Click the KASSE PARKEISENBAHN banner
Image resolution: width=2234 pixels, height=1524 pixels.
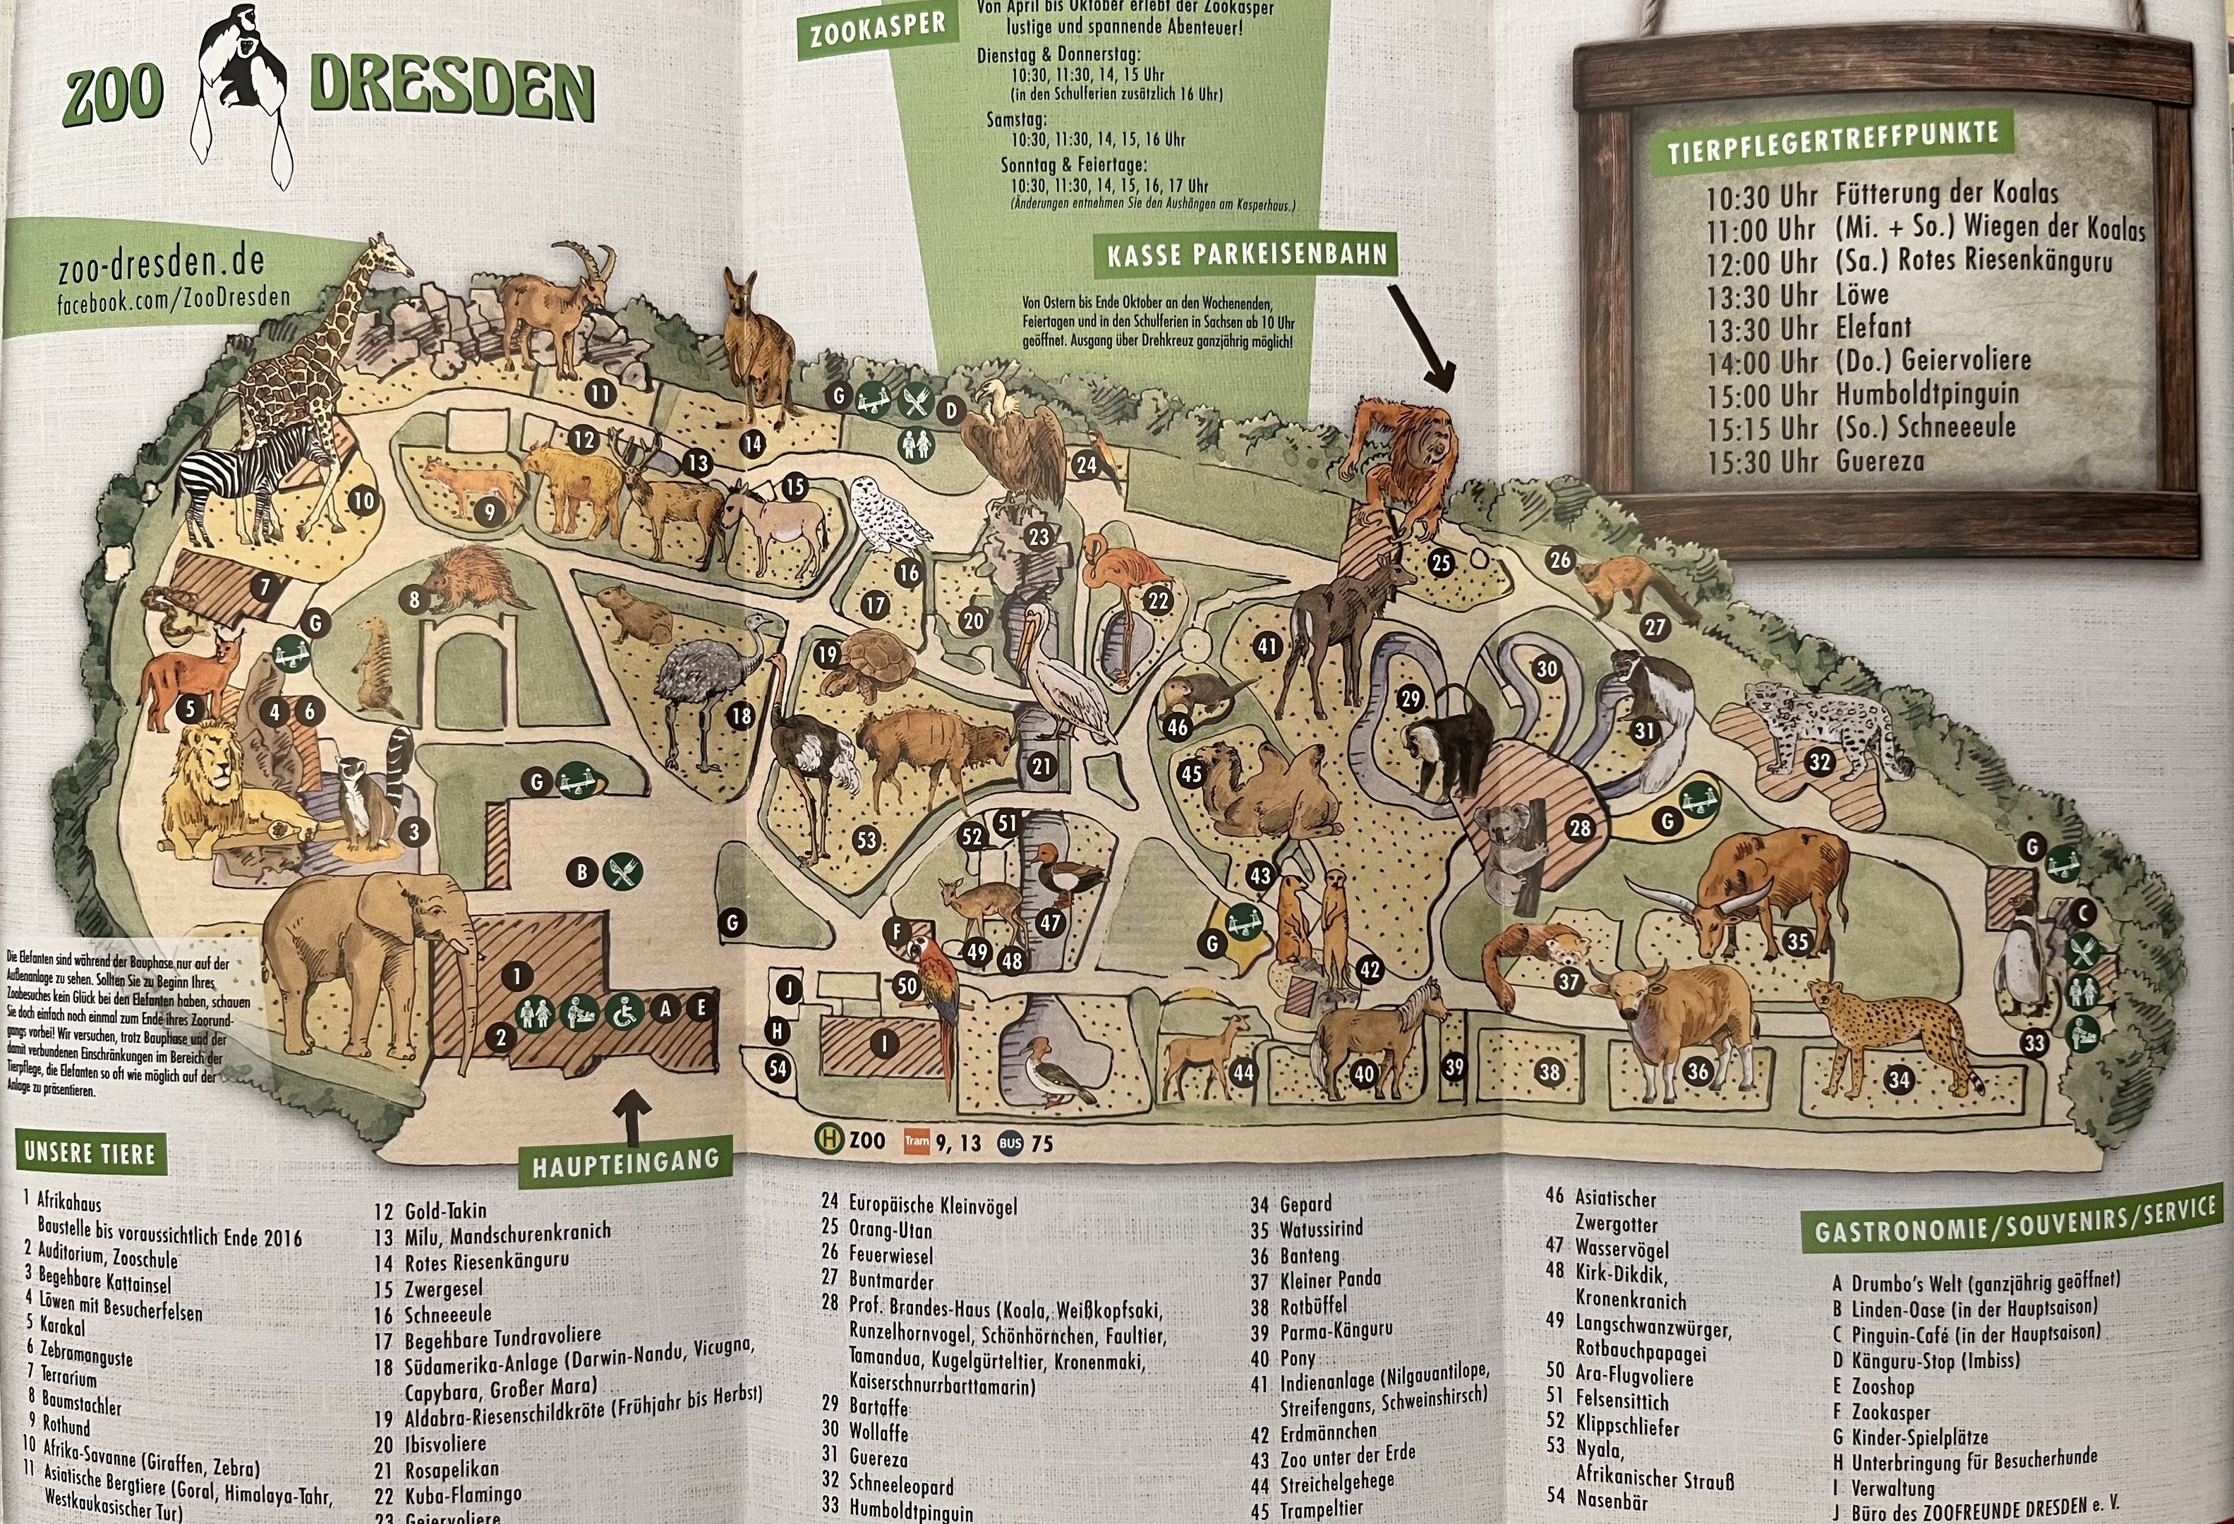click(1247, 255)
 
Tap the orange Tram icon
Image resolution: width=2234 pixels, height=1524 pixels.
click(916, 1142)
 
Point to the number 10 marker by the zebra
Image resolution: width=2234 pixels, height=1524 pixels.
click(363, 501)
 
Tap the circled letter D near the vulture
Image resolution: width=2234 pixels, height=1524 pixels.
click(950, 411)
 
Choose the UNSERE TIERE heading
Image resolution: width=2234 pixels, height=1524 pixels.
click(90, 1153)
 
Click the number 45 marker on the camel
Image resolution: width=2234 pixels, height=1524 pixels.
click(1191, 773)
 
